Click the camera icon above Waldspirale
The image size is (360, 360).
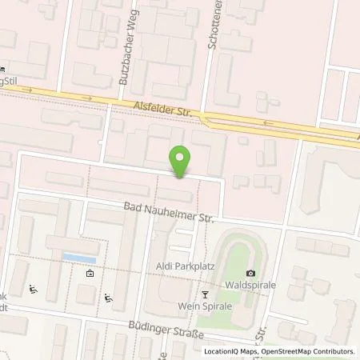(x=251, y=274)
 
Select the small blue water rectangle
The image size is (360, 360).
(x=80, y=258)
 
